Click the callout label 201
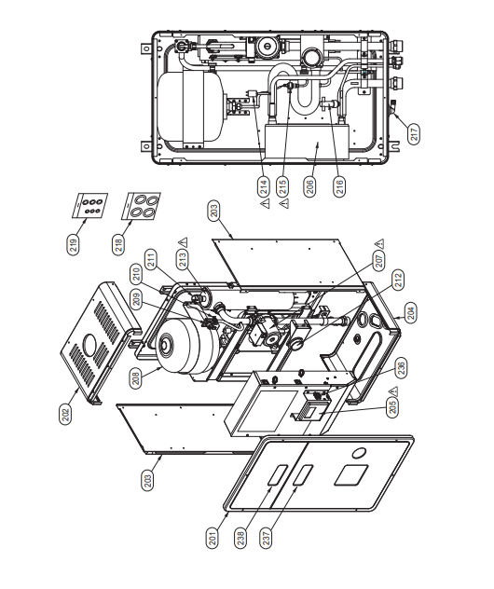pyautogui.click(x=213, y=538)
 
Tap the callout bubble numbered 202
pyautogui.click(x=66, y=415)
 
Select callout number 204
pyautogui.click(x=412, y=313)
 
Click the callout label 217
pyautogui.click(x=415, y=134)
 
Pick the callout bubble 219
pyautogui.click(x=74, y=245)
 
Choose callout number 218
pyautogui.click(x=118, y=245)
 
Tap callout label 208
pyautogui.click(x=136, y=377)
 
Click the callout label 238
pyautogui.click(x=240, y=538)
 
